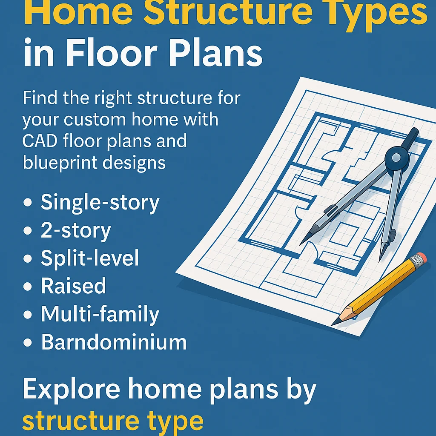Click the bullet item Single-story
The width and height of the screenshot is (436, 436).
(100, 203)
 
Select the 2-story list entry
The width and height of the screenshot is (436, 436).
(76, 231)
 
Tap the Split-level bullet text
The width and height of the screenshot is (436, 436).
(90, 258)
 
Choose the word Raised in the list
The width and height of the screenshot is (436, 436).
(73, 286)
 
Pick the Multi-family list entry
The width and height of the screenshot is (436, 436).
(100, 314)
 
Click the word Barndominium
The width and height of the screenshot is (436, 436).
(114, 342)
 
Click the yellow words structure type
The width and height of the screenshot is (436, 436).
(112, 420)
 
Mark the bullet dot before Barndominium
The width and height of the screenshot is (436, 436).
(28, 343)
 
